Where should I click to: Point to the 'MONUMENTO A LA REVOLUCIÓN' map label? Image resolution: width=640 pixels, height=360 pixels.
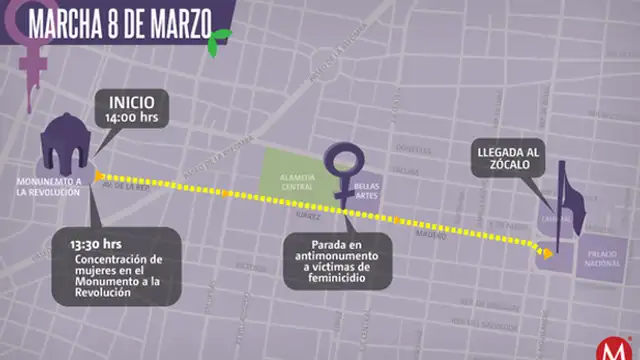coord(48,186)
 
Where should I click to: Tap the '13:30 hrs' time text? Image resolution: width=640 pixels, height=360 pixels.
coord(96,242)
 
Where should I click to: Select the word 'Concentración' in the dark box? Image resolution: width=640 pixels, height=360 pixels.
coord(109,259)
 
